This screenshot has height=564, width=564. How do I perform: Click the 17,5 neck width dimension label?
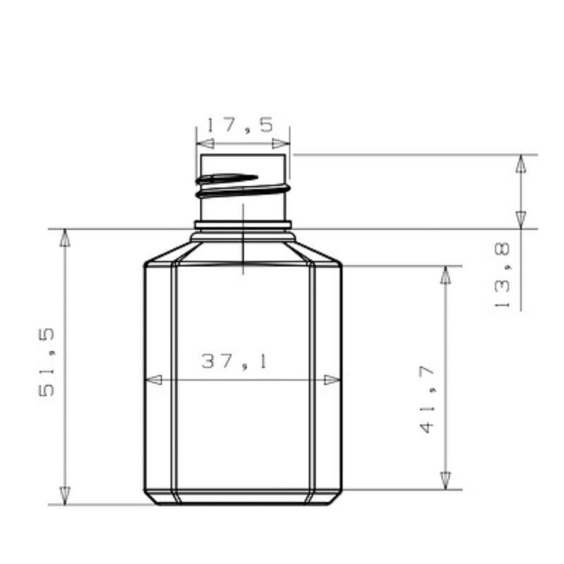(x=240, y=125)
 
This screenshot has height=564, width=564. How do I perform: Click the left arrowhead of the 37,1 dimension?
(x=152, y=380)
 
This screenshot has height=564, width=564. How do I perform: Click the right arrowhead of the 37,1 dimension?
(x=332, y=380)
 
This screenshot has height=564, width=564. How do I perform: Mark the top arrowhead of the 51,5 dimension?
(x=66, y=238)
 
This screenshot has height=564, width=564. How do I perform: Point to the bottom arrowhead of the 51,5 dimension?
(x=66, y=495)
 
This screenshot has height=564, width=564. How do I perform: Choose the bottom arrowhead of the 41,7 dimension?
(x=446, y=480)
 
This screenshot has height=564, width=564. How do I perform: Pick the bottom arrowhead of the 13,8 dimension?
(x=521, y=219)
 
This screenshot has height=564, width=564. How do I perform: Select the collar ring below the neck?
(x=243, y=226)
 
